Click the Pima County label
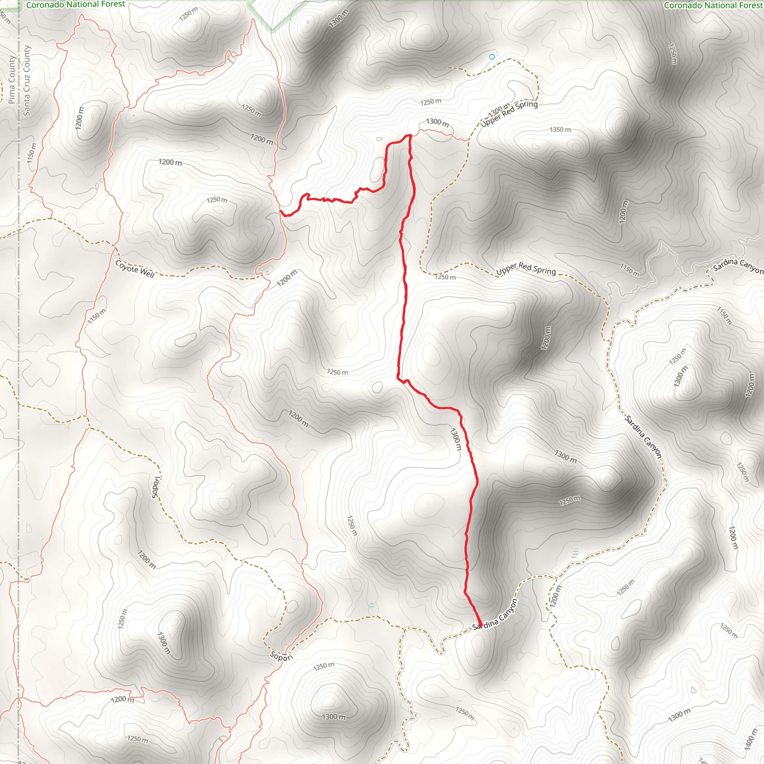tap(12, 79)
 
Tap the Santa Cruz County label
tap(26, 81)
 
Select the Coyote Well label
tap(135, 269)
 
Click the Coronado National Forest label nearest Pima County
tap(75, 4)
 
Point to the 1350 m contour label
tap(560, 130)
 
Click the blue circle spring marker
tap(492, 57)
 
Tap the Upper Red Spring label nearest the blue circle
tap(509, 113)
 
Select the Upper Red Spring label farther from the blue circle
tap(526, 270)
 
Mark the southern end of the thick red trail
tap(480, 626)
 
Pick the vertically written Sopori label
tap(156, 487)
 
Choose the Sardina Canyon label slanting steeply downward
tap(643, 436)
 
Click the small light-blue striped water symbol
tap(371, 605)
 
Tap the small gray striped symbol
tap(575, 553)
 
